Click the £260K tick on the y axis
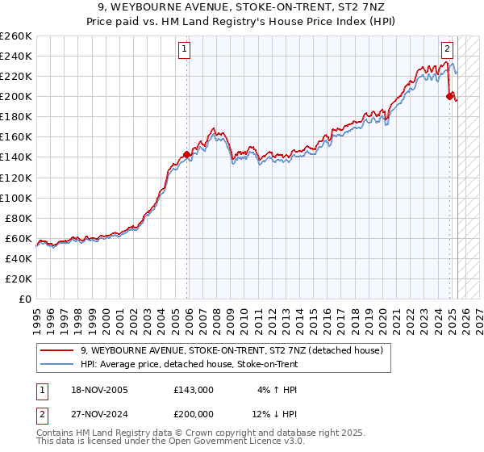coord(15,36)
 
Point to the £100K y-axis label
coord(15,198)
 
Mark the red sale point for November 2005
coord(187,154)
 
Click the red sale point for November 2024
coord(449,96)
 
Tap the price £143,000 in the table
coord(194,390)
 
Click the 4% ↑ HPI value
coord(277,390)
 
